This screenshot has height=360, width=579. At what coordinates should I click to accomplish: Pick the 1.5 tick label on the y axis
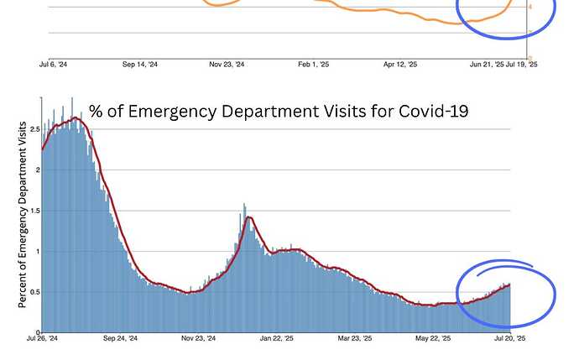point(34,211)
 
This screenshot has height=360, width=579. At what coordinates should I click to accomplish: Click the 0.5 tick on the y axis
point(34,292)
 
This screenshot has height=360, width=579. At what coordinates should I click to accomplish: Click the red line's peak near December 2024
point(248,218)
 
